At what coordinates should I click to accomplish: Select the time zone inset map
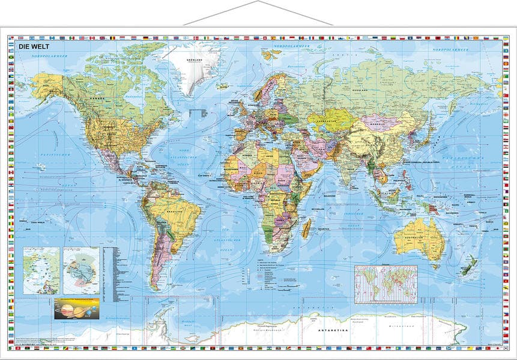click(x=385, y=284)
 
